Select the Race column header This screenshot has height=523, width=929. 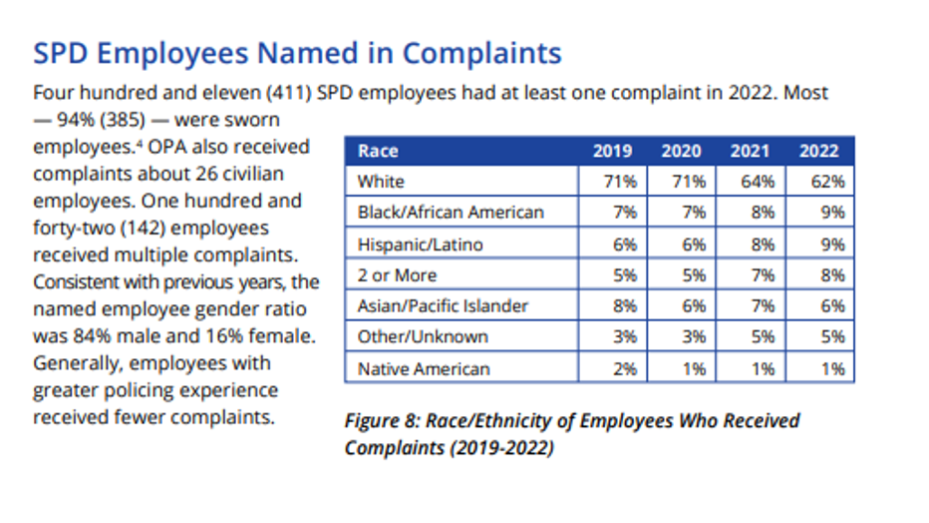(x=378, y=152)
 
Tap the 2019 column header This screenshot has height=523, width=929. (x=612, y=152)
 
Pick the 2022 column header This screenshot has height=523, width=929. (x=818, y=152)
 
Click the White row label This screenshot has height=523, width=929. (x=380, y=182)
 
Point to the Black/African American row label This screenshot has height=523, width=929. (x=451, y=213)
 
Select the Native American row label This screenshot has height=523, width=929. (x=424, y=368)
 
